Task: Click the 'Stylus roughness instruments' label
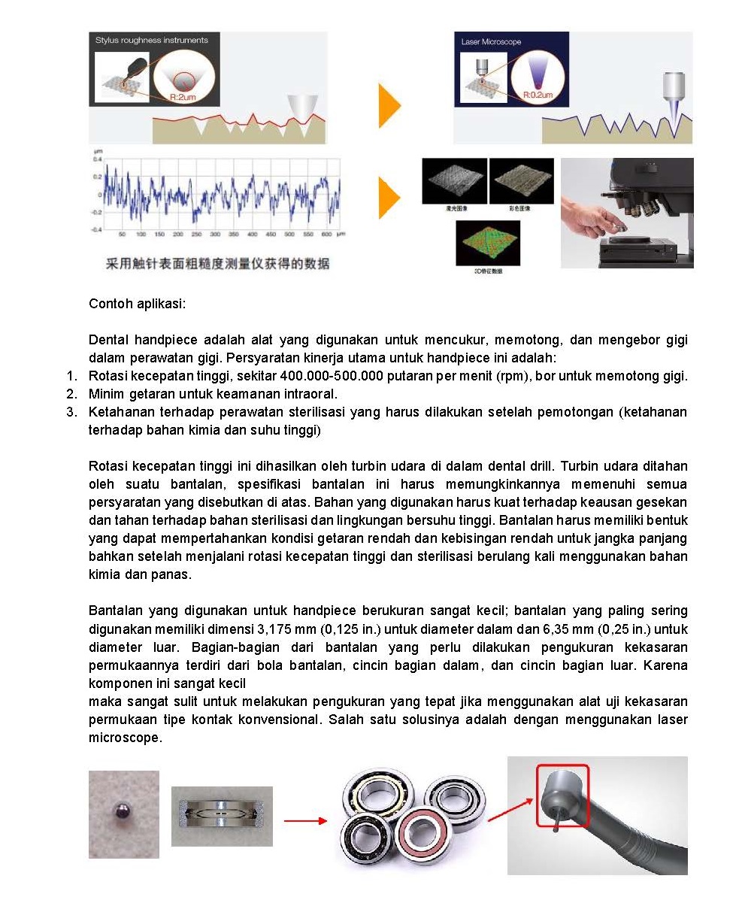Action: [x=151, y=40]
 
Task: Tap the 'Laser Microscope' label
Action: [x=491, y=41]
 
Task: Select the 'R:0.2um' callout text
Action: [x=538, y=95]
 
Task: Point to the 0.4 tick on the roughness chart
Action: [x=97, y=159]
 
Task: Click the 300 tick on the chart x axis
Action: [x=215, y=235]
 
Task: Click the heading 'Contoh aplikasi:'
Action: [x=137, y=304]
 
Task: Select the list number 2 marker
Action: [x=71, y=394]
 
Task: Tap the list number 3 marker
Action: [x=71, y=412]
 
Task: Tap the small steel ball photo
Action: [x=123, y=814]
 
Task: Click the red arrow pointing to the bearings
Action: [x=305, y=820]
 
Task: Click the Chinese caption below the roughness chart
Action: [x=217, y=263]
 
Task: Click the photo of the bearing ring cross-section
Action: [x=222, y=816]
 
